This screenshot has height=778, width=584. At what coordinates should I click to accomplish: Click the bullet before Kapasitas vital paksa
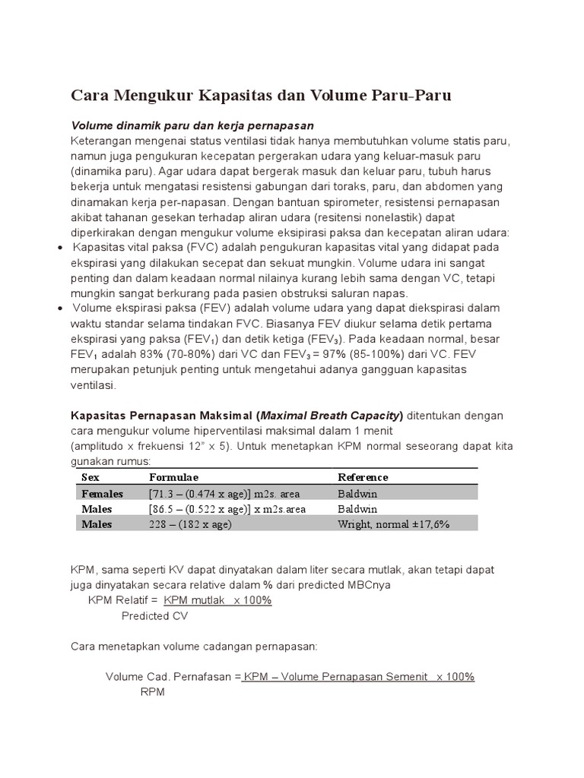pyautogui.click(x=61, y=248)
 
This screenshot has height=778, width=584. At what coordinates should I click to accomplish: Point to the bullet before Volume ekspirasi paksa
pyautogui.click(x=61, y=308)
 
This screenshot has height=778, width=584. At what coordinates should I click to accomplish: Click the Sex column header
pyautogui.click(x=90, y=477)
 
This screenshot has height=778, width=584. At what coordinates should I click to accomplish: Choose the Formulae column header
pyautogui.click(x=173, y=477)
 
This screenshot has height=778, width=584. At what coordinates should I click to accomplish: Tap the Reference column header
pyautogui.click(x=363, y=477)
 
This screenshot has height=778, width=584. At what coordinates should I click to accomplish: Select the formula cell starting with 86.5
pyautogui.click(x=227, y=508)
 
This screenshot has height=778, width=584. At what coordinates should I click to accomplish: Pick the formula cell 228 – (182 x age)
pyautogui.click(x=190, y=524)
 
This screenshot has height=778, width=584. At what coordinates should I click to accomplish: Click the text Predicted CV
pyautogui.click(x=154, y=616)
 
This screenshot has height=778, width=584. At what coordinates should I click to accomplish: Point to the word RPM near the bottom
pyautogui.click(x=153, y=692)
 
